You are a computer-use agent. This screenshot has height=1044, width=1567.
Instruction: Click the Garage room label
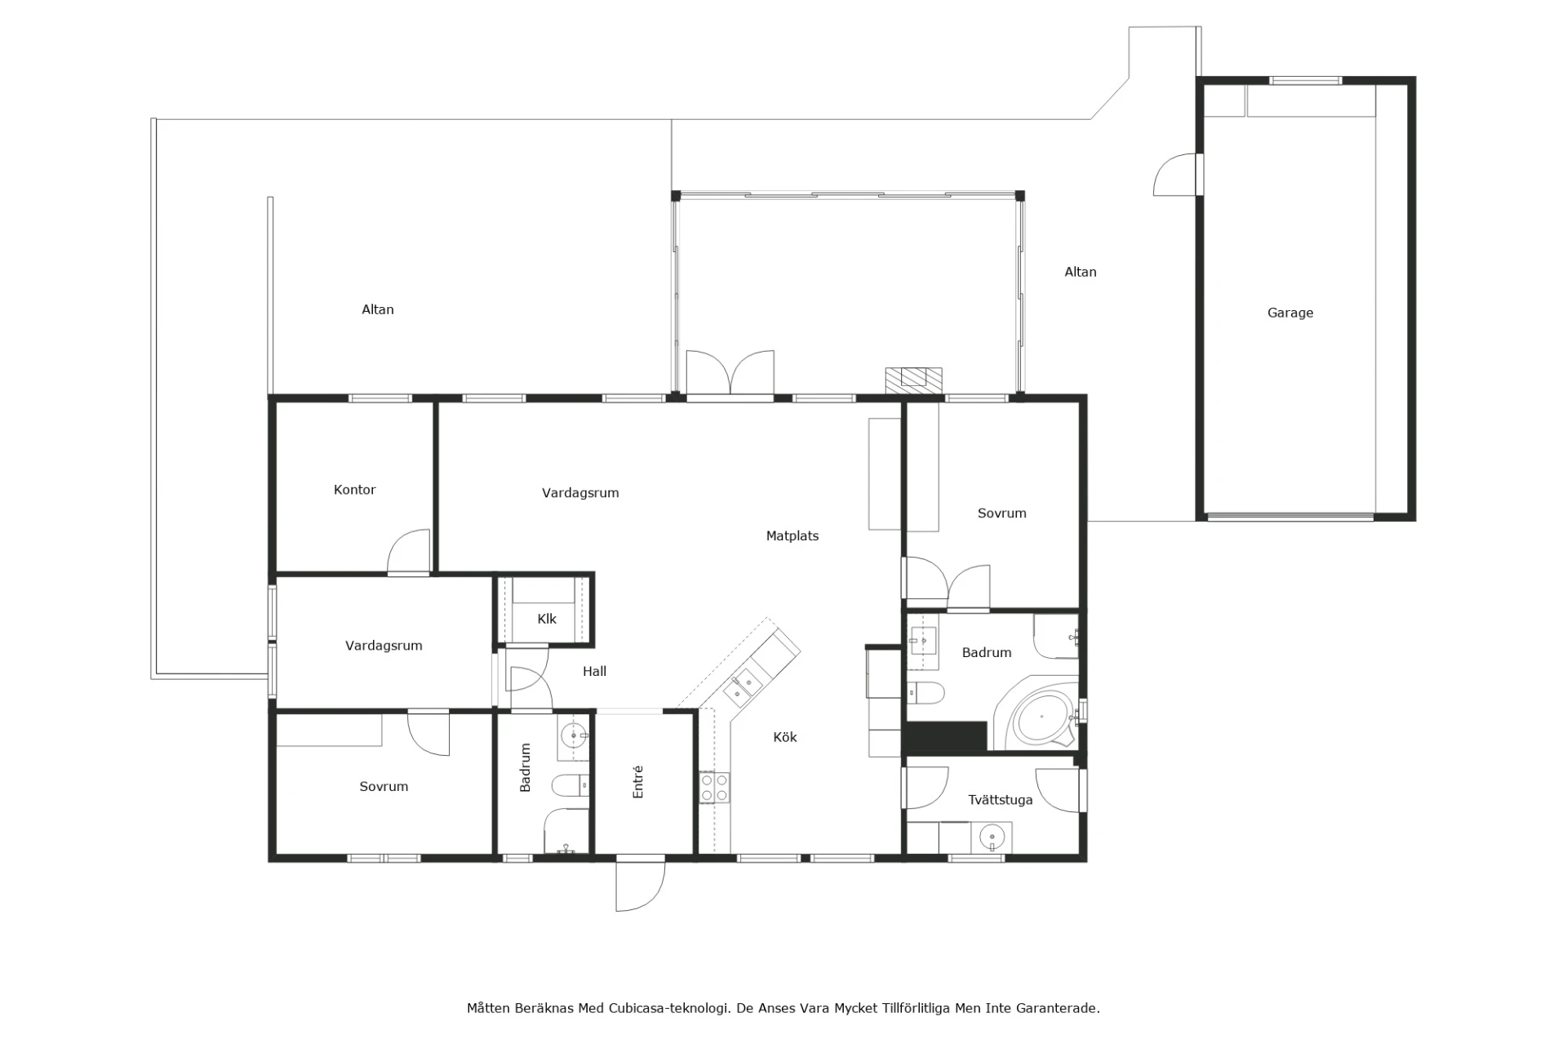point(1290,313)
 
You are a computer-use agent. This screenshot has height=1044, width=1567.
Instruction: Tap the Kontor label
point(354,490)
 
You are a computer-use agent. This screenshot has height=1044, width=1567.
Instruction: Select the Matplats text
point(792,536)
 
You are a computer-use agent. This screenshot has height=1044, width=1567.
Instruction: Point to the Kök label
point(785,737)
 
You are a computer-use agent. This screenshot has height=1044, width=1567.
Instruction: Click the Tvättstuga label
point(1001,800)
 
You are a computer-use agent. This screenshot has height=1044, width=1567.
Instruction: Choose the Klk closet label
point(547,619)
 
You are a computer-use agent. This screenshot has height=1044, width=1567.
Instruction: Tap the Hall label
point(594,672)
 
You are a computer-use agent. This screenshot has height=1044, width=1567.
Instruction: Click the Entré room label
point(638,781)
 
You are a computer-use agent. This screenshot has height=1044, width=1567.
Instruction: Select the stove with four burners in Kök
point(714,787)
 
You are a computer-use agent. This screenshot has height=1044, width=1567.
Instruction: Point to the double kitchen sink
point(743,685)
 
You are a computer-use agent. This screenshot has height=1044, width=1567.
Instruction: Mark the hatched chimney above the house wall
point(914,379)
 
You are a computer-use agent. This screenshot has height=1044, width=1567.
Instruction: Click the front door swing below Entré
point(640,886)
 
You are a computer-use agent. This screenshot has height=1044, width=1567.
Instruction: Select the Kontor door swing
point(409,552)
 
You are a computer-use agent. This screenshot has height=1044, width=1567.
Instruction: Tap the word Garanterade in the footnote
point(1058,1008)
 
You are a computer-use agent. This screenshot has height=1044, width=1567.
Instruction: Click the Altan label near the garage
point(1080,272)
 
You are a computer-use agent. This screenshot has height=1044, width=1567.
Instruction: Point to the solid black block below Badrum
point(946,736)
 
